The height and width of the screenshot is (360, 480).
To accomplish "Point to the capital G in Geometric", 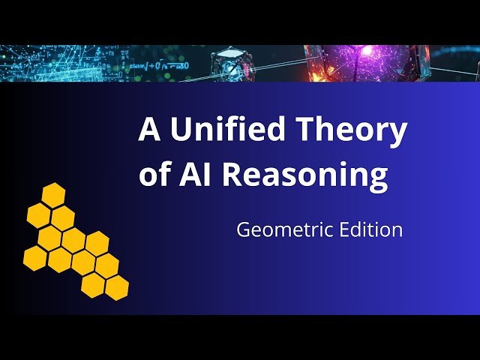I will (x=243, y=229).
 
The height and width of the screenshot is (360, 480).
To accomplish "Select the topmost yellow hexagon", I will (x=52, y=194).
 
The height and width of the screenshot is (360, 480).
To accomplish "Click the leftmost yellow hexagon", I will (x=34, y=258).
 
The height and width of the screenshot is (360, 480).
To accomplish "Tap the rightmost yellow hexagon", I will (x=116, y=286).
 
